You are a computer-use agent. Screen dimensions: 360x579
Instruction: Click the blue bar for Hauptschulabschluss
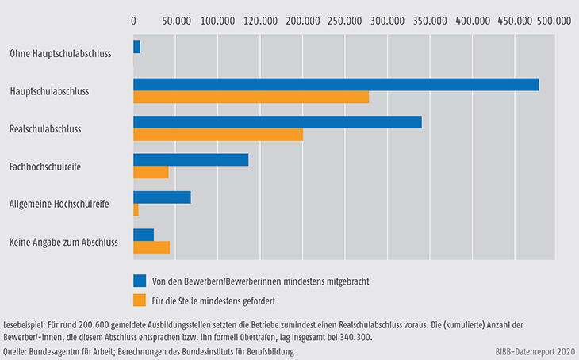tap(336, 85)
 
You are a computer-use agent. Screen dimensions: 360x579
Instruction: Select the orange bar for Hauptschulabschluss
tap(251, 98)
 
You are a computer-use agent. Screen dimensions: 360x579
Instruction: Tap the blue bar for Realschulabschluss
tap(277, 122)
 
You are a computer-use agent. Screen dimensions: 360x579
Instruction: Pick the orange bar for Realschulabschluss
tap(218, 135)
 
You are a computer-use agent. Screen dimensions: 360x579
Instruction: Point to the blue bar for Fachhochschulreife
tap(190, 160)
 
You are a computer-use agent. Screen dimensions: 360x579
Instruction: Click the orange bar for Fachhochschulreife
tap(151, 172)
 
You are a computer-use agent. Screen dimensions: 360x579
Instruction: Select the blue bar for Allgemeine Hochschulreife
tap(162, 197)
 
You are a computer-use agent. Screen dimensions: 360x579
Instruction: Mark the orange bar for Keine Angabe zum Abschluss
tap(151, 247)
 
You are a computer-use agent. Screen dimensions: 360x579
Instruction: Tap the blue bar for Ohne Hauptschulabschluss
tap(136, 48)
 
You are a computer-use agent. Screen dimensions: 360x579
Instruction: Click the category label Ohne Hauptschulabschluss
tap(59, 54)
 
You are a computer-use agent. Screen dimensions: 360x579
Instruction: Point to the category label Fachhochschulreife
tap(45, 167)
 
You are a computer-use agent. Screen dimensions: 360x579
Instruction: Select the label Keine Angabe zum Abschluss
tap(63, 242)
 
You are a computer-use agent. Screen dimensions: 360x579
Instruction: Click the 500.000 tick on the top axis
tap(553, 22)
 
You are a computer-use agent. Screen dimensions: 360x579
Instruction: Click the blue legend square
tap(140, 280)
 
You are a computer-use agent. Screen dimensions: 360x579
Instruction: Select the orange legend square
tap(140, 300)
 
